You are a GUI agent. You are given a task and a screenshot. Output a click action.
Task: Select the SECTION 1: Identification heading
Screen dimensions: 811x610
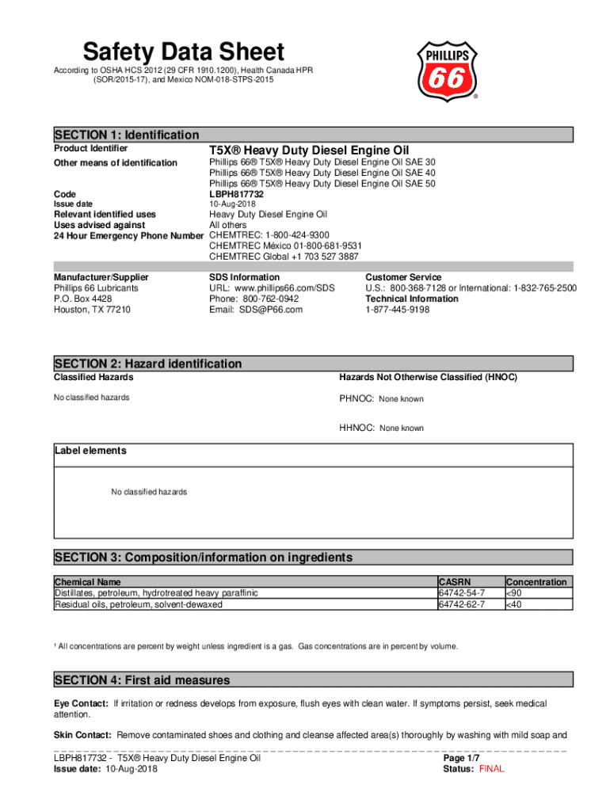[127, 135]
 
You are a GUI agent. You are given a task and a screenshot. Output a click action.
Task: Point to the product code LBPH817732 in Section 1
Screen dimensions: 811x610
[236, 194]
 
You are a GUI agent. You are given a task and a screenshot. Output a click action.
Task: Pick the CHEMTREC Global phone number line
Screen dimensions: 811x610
[283, 257]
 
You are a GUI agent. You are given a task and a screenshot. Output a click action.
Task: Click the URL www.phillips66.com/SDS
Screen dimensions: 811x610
[273, 288]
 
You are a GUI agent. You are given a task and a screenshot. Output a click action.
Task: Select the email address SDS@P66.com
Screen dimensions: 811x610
[256, 310]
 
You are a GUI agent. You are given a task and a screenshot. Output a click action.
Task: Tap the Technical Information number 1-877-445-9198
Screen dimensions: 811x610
[397, 310]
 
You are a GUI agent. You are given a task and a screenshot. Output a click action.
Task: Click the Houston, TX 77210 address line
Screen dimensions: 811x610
[92, 310]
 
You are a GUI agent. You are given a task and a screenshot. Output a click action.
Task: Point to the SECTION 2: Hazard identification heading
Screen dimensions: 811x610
[148, 364]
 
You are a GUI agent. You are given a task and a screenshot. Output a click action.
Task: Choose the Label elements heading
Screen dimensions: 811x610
[90, 451]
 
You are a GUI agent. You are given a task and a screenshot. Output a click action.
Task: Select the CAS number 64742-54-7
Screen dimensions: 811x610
[462, 593]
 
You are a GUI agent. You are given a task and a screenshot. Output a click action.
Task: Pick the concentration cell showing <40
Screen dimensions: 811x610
[514, 604]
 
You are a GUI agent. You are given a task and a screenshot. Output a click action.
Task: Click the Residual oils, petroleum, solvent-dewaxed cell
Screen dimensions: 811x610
[139, 604]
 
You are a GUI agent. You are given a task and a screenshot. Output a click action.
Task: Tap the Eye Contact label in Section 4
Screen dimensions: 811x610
[82, 704]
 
